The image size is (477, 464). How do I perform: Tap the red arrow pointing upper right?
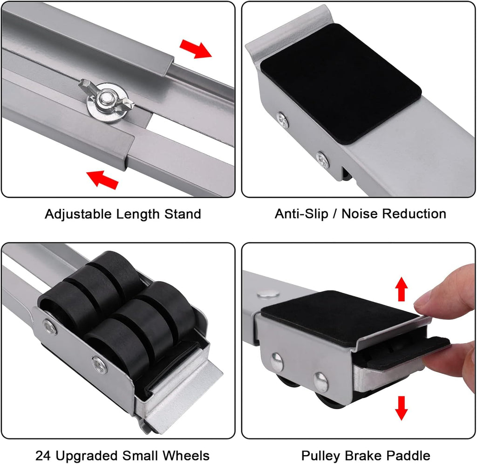click(196, 48)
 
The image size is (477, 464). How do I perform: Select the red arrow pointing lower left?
click(102, 179)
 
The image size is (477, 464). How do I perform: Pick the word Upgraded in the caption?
click(89, 456)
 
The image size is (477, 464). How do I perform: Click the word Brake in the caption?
click(365, 455)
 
